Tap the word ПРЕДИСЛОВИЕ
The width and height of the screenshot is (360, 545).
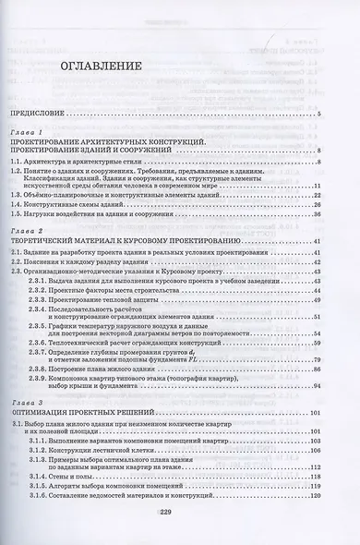42,114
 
